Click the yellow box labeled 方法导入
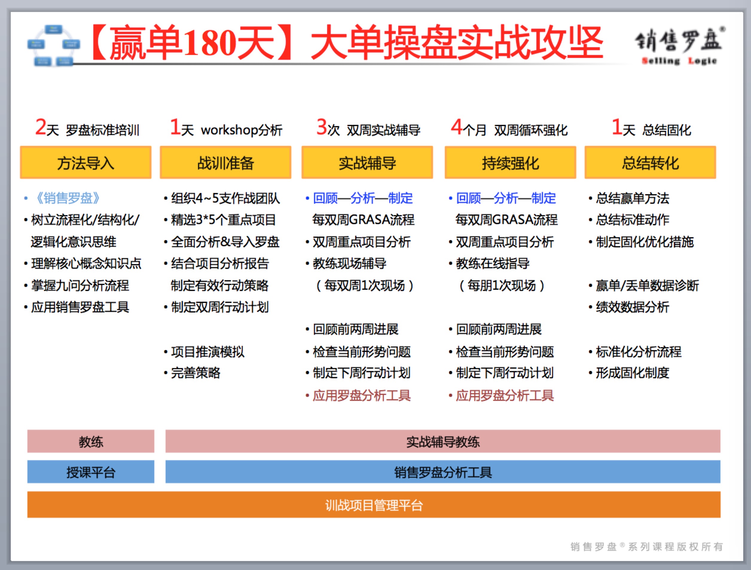pyautogui.click(x=86, y=163)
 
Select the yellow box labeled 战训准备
pyautogui.click(x=225, y=163)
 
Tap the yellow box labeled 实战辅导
pyautogui.click(x=367, y=163)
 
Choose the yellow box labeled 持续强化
pyautogui.click(x=510, y=163)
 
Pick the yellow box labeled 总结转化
pyautogui.click(x=650, y=163)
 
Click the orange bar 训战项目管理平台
pyautogui.click(x=374, y=505)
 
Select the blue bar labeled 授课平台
pyautogui.click(x=91, y=472)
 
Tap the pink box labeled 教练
pyautogui.click(x=91, y=441)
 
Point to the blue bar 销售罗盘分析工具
pyautogui.click(x=443, y=472)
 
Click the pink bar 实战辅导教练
pyautogui.click(x=443, y=441)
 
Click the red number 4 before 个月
pyautogui.click(x=456, y=127)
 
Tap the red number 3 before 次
pyautogui.click(x=321, y=127)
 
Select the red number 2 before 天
pyautogui.click(x=41, y=127)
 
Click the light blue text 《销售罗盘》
pyautogui.click(x=68, y=198)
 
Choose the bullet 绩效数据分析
pyautogui.click(x=629, y=307)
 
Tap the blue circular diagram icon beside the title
pyautogui.click(x=53, y=45)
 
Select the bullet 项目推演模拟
pyautogui.click(x=204, y=352)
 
